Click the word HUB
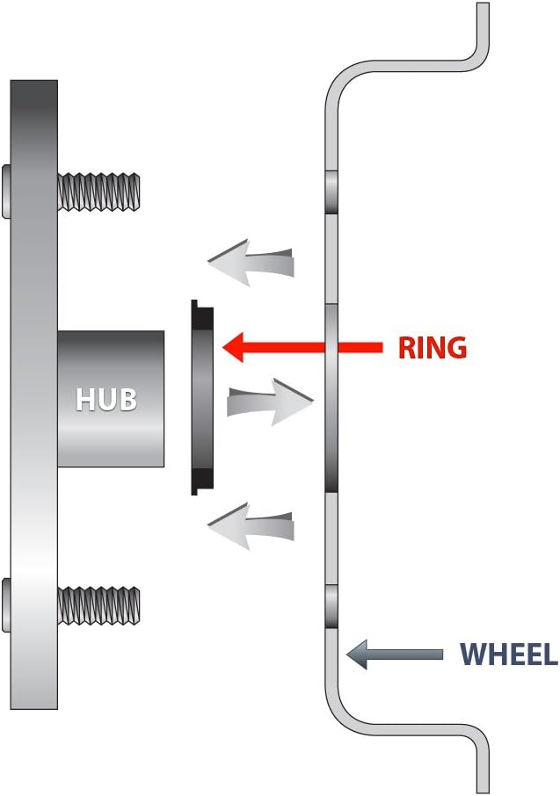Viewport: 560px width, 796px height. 106,399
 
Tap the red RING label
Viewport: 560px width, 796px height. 433,348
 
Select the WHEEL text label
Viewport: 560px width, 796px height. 509,654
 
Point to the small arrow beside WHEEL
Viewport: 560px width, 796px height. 395,655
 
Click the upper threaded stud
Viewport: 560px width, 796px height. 98,192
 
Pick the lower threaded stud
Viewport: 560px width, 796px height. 98,605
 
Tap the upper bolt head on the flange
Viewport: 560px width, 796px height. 6,192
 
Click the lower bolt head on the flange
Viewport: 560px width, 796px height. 6,605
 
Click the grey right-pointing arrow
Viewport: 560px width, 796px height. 270,402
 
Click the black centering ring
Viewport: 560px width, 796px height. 201,397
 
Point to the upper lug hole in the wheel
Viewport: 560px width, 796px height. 331,192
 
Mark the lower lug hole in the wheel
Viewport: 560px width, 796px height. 331,606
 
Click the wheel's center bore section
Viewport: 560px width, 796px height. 331,398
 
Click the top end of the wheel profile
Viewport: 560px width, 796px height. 483,4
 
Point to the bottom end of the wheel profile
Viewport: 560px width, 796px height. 484,791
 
